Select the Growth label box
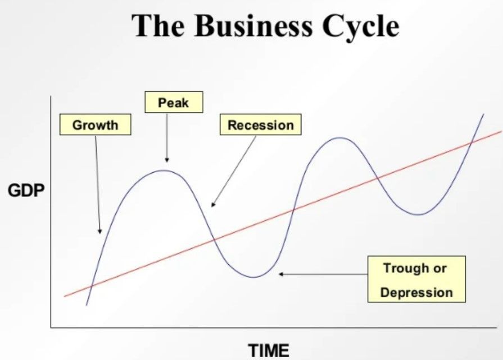[x=95, y=125]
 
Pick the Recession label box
[x=260, y=125]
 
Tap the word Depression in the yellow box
[x=416, y=292]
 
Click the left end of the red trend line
[x=65, y=296]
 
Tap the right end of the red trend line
[x=500, y=133]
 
